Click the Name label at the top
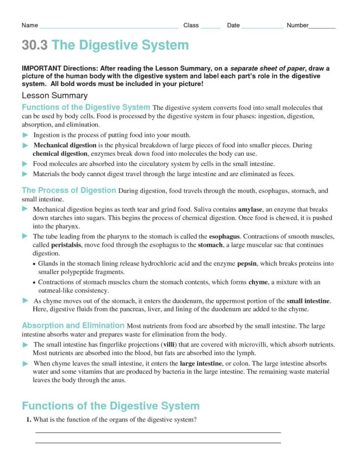coord(30,25)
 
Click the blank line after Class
coord(210,28)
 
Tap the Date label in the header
coord(233,25)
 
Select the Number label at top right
coord(297,25)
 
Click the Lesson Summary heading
coord(54,96)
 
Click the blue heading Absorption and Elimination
coord(73,325)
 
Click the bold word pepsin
coord(247,263)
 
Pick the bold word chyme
coord(258,282)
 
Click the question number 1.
coord(29,419)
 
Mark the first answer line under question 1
coord(158,432)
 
